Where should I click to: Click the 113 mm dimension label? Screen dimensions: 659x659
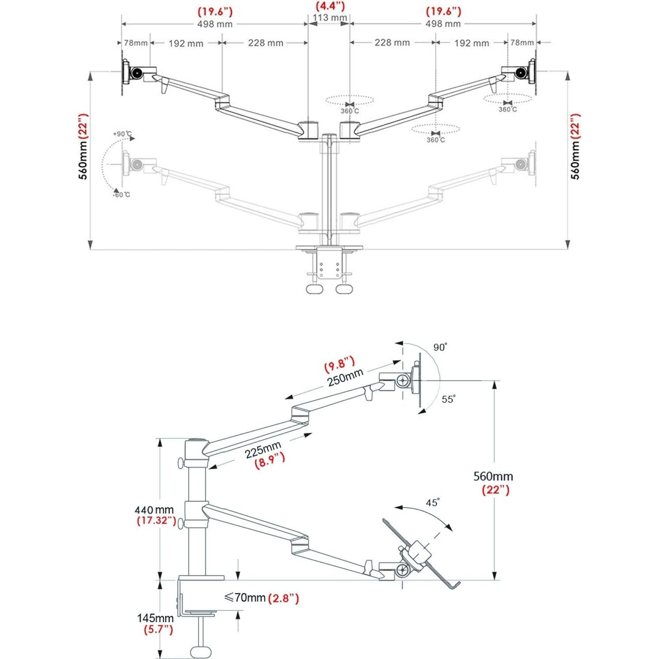click(x=329, y=18)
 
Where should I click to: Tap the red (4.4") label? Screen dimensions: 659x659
click(x=329, y=6)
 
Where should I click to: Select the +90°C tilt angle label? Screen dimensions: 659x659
click(x=122, y=134)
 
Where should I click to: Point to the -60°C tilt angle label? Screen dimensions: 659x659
click(x=121, y=195)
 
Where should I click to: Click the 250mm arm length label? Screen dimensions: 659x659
click(x=345, y=378)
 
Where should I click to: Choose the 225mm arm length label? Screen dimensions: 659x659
click(x=263, y=450)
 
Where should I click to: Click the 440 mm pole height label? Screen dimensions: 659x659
click(x=154, y=510)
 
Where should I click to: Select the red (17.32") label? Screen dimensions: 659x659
click(x=156, y=521)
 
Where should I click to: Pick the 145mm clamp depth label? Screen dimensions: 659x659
click(x=155, y=618)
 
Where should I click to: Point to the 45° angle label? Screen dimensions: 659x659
click(x=432, y=503)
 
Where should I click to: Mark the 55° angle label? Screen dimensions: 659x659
click(x=448, y=399)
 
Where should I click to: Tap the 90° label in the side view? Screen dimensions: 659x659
click(x=440, y=348)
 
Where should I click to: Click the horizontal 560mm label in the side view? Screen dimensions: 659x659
click(x=493, y=477)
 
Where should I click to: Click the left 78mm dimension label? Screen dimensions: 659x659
click(x=135, y=43)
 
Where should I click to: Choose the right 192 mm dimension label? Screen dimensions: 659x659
click(x=471, y=43)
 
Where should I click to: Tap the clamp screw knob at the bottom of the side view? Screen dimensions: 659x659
click(x=201, y=651)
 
